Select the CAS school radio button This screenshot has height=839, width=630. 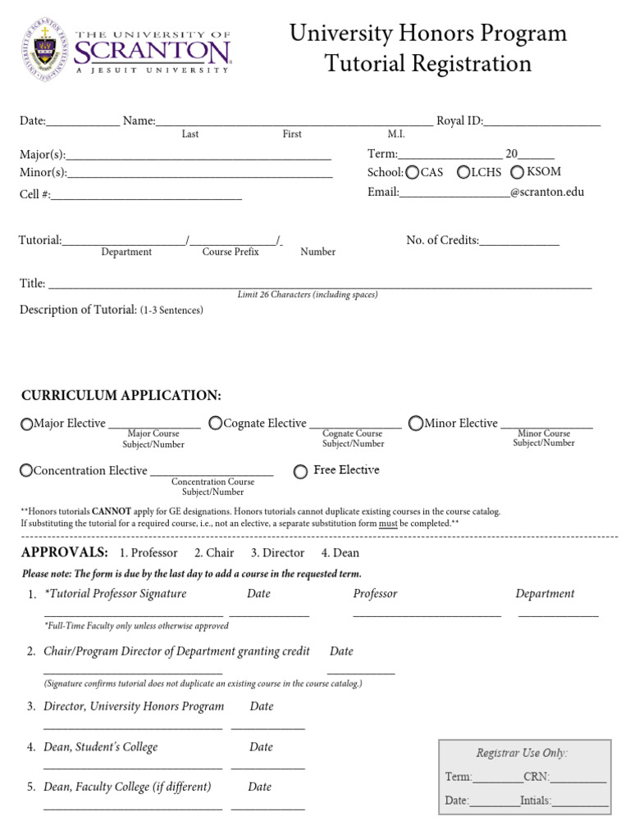(412, 173)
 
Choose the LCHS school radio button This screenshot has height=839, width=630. (463, 173)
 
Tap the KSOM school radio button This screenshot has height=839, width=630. (517, 173)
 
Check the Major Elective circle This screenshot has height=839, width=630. (27, 424)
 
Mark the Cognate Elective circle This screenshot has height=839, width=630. (215, 424)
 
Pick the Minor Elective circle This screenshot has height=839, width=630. (416, 424)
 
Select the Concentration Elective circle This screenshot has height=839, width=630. (27, 470)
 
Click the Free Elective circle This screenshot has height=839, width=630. (301, 471)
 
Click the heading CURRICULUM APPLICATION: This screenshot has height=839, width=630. (121, 396)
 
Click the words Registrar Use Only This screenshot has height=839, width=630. (522, 753)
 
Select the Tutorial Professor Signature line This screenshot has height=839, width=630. (133, 611)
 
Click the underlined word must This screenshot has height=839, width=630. (388, 523)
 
